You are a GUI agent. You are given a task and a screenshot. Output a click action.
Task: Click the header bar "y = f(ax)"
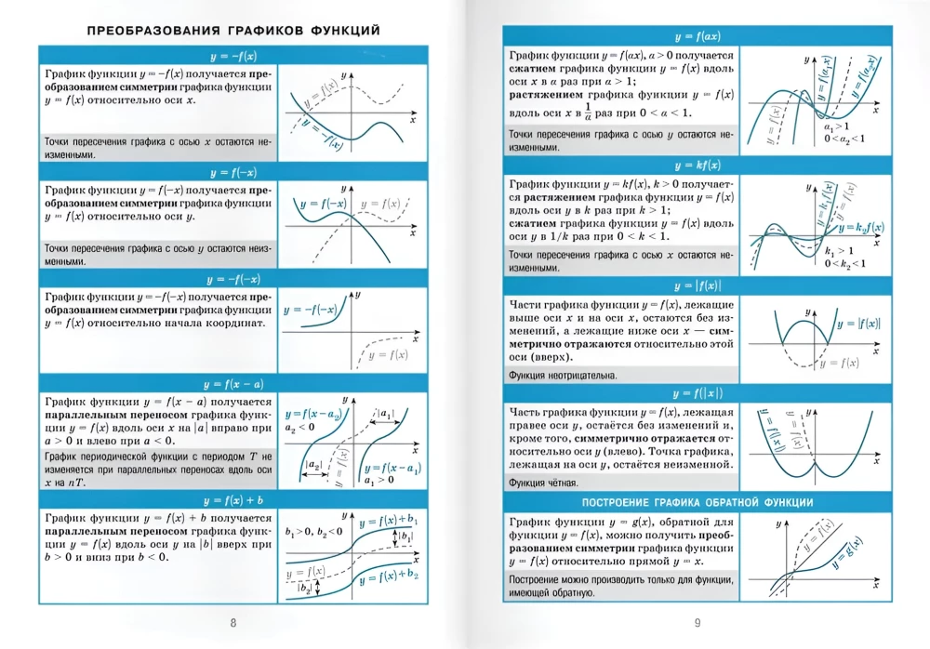[x=694, y=37]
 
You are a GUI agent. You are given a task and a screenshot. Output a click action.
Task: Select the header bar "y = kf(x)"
[x=694, y=166]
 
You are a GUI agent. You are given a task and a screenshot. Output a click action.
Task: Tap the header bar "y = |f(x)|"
[x=694, y=285]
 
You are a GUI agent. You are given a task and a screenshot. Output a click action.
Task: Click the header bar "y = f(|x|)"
[x=694, y=394]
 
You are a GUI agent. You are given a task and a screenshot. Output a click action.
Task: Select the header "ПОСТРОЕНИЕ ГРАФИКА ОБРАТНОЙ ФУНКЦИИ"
[x=694, y=503]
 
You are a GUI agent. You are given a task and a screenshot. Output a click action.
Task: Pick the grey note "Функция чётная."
[x=544, y=483]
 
